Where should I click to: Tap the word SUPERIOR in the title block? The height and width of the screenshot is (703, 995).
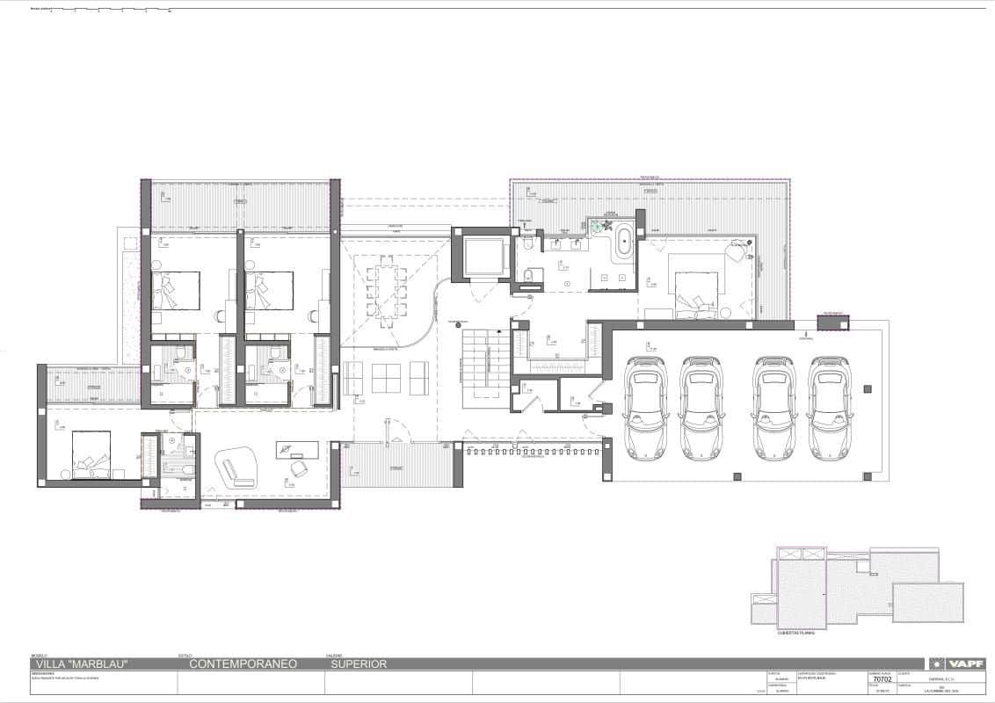tap(358, 664)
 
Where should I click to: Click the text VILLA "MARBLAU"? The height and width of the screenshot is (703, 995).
tap(80, 664)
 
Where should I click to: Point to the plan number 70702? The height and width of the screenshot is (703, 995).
tap(882, 679)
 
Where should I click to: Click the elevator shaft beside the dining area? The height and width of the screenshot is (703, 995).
tap(481, 254)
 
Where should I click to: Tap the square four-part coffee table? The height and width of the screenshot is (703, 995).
tap(386, 378)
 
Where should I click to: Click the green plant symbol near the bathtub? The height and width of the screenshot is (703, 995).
tap(598, 227)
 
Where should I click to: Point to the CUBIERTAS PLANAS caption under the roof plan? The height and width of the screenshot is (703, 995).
tap(795, 632)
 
